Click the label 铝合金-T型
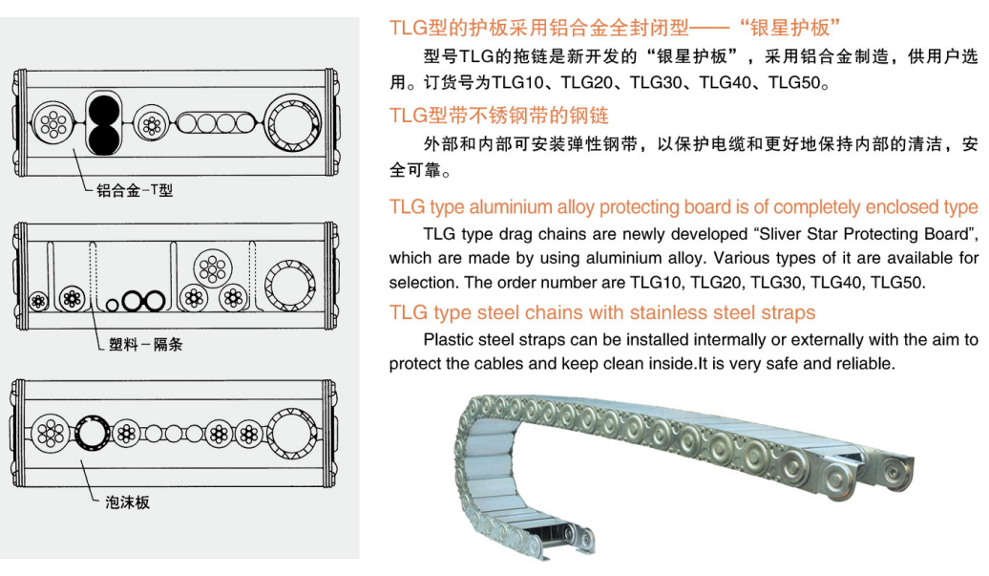135,190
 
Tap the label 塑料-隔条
146,345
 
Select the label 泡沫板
127,502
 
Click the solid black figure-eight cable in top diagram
103,123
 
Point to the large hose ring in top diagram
291,123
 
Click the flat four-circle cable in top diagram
217,122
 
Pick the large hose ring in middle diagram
290,286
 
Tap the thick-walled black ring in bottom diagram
93,433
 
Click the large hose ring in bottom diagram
291,434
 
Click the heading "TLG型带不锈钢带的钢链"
499,116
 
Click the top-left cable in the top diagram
53,122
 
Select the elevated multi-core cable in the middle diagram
213,268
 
